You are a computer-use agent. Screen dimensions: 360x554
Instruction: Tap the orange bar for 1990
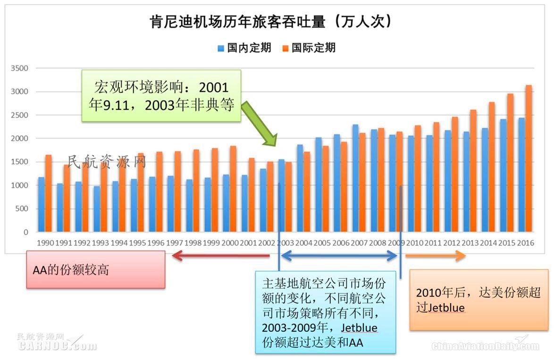[48, 193]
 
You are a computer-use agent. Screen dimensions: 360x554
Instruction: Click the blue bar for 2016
[521, 175]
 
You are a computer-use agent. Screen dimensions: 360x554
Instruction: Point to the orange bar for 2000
[233, 189]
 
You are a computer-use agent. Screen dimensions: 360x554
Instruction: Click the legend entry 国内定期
[244, 48]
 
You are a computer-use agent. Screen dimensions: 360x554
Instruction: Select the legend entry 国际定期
[309, 48]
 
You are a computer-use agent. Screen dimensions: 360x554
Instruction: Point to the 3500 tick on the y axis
[19, 68]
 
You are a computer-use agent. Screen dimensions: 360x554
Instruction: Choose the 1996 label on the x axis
[156, 243]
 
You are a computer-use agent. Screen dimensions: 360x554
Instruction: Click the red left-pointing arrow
[221, 256]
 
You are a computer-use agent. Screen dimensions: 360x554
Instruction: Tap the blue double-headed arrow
[339, 256]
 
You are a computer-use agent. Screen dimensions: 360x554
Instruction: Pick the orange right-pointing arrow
[436, 256]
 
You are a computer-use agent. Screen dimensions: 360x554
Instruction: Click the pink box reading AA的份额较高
[96, 270]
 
